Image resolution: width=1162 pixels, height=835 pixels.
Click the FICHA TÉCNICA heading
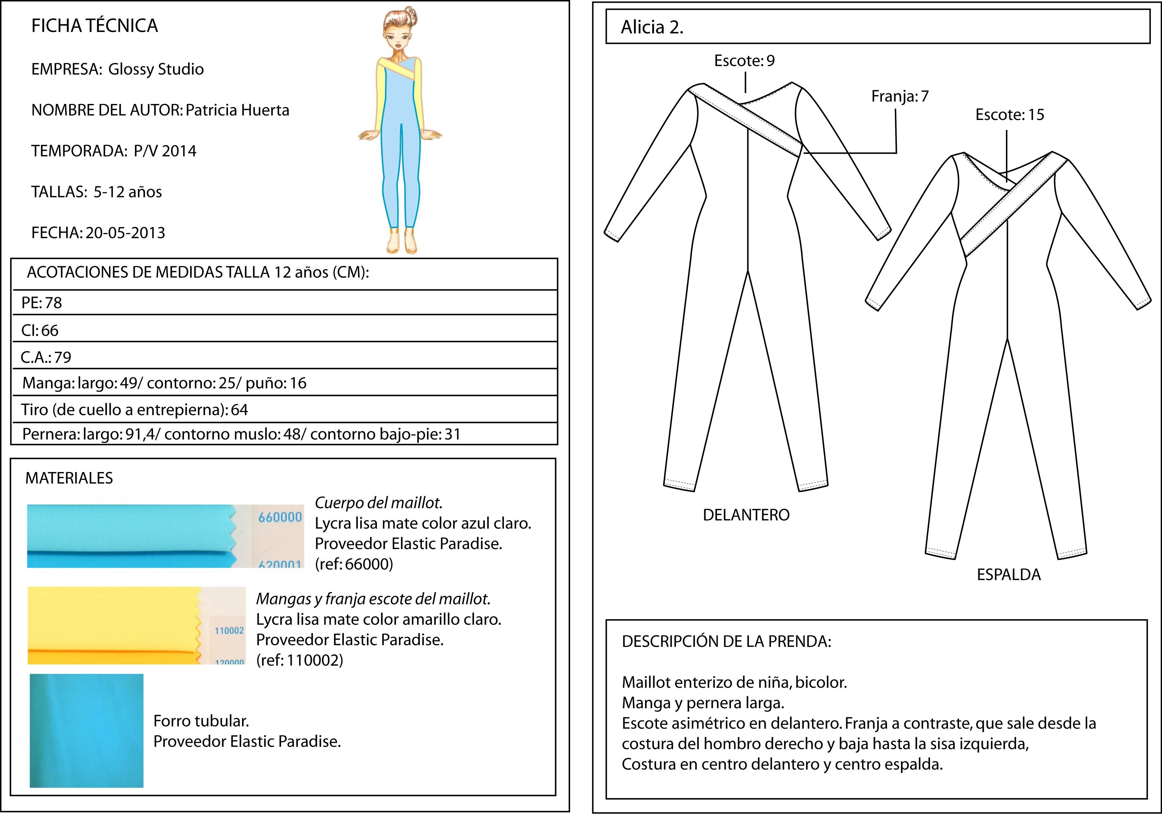click(x=95, y=26)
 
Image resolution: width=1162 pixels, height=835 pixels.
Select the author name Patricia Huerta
click(x=237, y=110)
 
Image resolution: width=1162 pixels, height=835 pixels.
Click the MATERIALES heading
click(x=69, y=478)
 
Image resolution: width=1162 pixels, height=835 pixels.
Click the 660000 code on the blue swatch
click(x=280, y=517)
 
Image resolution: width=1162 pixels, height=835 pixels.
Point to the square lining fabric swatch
click(x=87, y=730)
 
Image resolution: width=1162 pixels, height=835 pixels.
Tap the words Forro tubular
click(x=201, y=721)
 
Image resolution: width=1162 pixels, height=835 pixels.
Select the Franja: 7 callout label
click(x=900, y=96)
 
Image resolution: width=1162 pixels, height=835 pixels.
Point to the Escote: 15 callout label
click(x=1009, y=114)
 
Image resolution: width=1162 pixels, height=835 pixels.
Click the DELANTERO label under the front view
click(x=746, y=515)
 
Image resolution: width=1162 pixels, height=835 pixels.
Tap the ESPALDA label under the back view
click(x=1008, y=575)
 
